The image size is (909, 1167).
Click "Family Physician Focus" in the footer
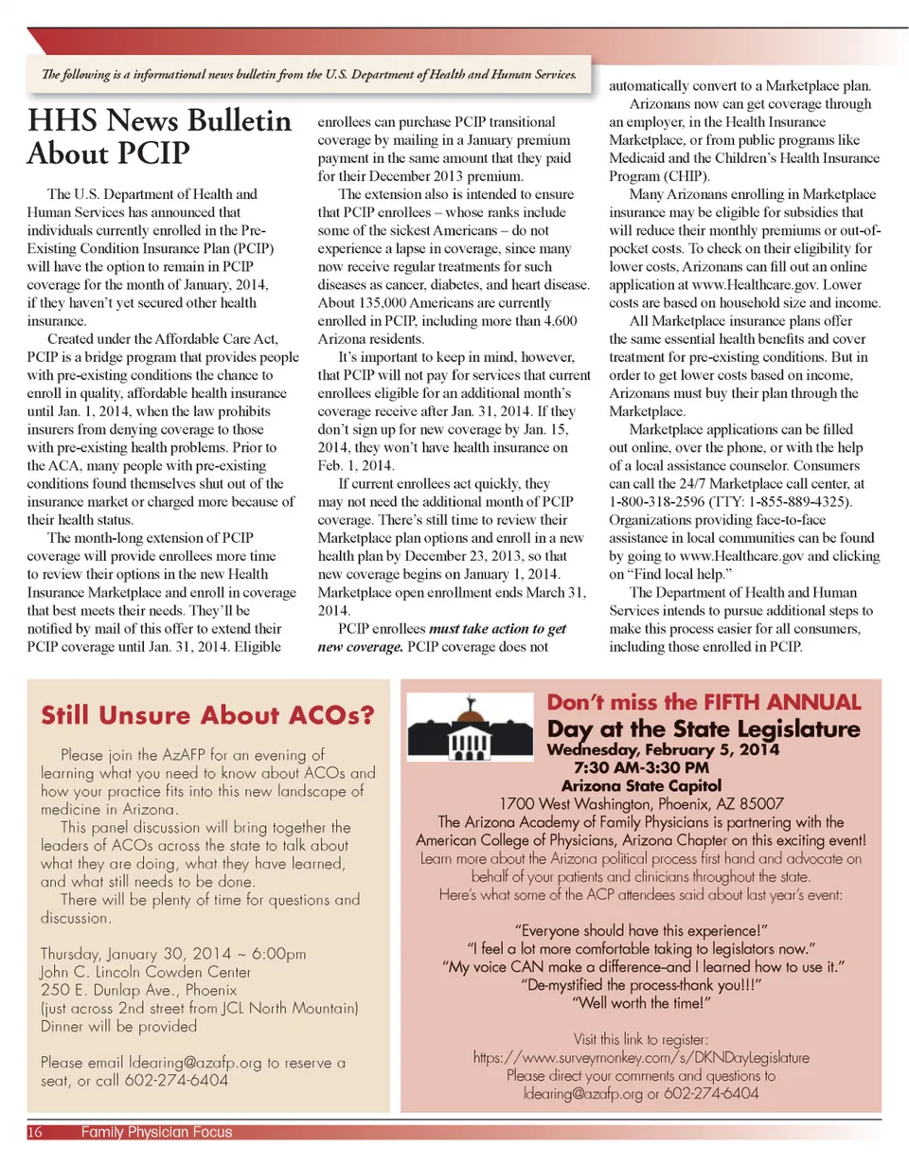point(156,1132)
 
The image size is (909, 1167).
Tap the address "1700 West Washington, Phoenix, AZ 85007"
point(641,803)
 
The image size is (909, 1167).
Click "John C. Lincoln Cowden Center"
point(146,972)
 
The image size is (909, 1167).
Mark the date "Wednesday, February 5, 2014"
point(663,750)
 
